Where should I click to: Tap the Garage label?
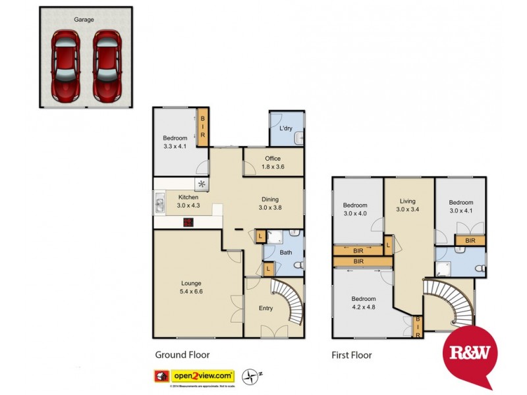[84, 20]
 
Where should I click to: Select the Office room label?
[273, 159]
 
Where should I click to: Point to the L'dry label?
[286, 128]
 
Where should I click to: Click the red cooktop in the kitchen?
[188, 223]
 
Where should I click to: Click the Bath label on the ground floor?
[286, 252]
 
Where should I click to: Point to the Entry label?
[265, 307]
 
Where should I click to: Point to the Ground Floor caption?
[182, 355]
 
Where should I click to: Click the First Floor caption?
[352, 355]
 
